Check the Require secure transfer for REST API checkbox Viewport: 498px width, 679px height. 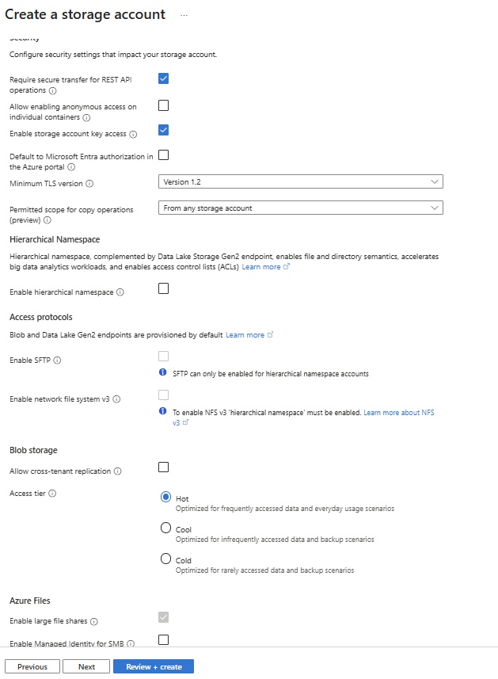[x=163, y=78]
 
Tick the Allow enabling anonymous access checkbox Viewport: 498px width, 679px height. [x=163, y=105]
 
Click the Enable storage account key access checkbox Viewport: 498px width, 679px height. [x=163, y=130]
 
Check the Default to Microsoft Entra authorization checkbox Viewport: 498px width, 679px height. [x=163, y=155]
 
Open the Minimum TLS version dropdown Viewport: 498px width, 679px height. [x=300, y=182]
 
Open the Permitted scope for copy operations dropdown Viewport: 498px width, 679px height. [x=300, y=208]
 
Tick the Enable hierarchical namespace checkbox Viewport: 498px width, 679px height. [x=163, y=288]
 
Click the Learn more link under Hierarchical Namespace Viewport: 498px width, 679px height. [x=261, y=267]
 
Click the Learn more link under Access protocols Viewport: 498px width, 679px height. [x=245, y=335]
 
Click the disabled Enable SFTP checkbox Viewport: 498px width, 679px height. [x=163, y=357]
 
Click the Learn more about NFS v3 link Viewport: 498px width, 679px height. [x=398, y=413]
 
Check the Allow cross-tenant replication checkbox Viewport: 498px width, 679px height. [x=163, y=467]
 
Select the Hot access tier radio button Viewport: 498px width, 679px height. [x=165, y=497]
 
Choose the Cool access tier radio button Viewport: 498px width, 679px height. [x=165, y=528]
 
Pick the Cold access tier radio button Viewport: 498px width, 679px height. [x=165, y=559]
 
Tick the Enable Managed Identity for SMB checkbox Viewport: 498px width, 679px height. [x=163, y=639]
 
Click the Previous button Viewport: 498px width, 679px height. [x=32, y=666]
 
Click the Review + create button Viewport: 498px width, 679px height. [x=154, y=666]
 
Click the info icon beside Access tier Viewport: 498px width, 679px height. [x=53, y=494]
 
